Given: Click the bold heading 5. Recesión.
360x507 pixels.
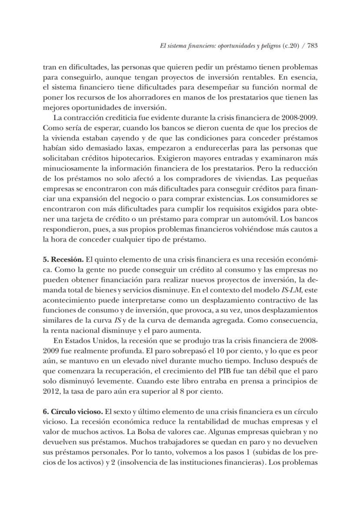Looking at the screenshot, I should pyautogui.click(x=63, y=260).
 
